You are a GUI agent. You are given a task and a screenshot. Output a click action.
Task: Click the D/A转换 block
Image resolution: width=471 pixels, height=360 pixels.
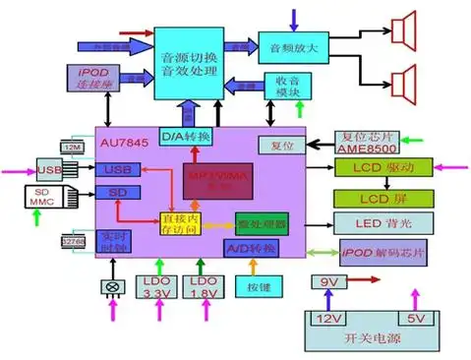point(185,136)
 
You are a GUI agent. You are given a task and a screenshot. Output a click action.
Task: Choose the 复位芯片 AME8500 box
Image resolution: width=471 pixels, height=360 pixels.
point(365,143)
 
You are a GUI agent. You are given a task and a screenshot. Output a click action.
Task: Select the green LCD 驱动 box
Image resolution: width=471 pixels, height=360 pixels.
point(375,169)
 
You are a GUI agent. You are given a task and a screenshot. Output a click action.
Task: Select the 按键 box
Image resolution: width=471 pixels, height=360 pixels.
point(258,286)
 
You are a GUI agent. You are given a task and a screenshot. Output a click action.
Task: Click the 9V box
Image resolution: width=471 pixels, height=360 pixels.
point(327,283)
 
